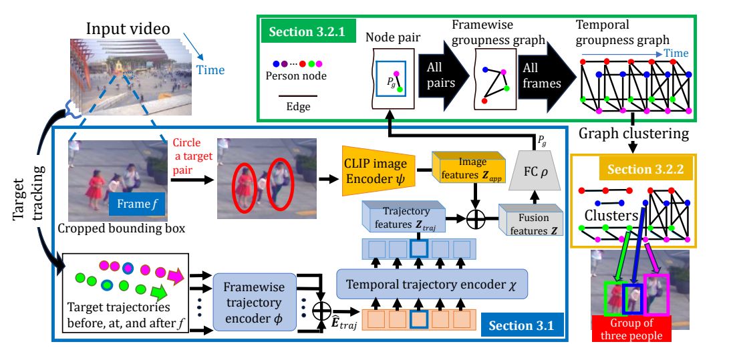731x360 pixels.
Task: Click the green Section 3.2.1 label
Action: tap(302, 32)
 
